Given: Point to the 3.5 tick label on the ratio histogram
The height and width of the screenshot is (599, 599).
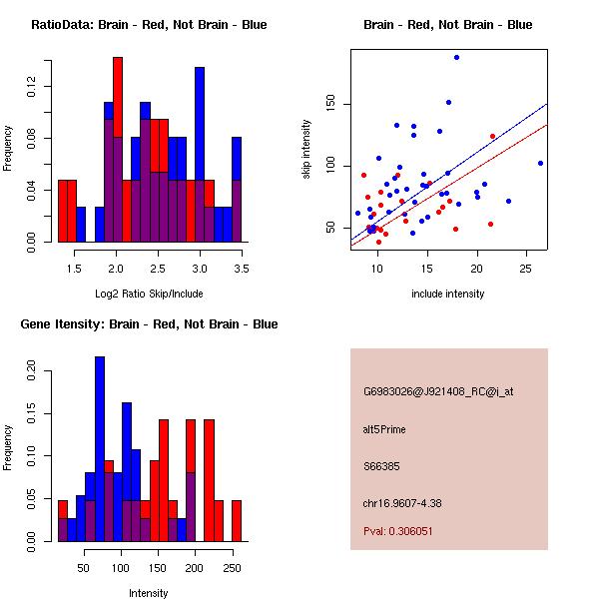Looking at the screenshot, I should [242, 269].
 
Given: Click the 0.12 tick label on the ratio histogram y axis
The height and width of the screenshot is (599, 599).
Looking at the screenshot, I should [33, 88].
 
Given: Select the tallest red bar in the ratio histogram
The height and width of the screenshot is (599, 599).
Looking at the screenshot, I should [118, 150].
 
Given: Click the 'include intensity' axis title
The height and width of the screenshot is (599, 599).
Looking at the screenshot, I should [448, 294].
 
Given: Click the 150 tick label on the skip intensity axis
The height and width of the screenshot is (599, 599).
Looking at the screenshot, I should [332, 104].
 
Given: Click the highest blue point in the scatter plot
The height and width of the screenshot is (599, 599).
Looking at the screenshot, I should [456, 58].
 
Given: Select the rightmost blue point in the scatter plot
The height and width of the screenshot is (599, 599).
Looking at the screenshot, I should [540, 163].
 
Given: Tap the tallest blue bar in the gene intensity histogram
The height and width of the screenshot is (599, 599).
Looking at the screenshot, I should [100, 448].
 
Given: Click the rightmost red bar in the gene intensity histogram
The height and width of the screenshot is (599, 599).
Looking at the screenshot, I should [237, 520].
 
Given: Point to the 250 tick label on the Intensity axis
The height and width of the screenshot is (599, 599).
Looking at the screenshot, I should [232, 568].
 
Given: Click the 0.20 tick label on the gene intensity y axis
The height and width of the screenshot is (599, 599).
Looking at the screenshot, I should [33, 370].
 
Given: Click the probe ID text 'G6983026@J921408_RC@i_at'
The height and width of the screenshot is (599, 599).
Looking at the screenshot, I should [424, 392].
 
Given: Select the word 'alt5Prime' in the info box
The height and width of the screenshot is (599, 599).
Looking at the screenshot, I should [385, 429].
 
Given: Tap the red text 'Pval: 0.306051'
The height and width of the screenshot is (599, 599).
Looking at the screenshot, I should [398, 531].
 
